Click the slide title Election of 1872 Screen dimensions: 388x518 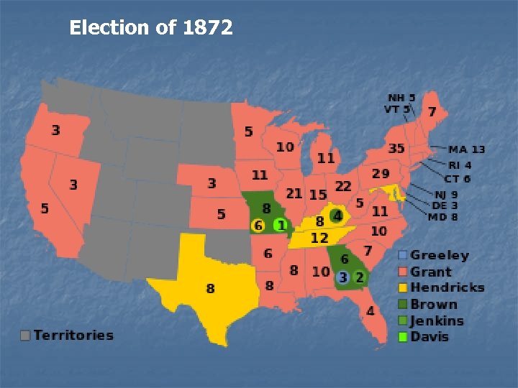[151, 28]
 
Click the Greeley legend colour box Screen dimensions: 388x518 [403, 255]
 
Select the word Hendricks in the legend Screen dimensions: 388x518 [447, 287]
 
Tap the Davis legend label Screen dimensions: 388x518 [430, 337]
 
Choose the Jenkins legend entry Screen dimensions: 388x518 [437, 320]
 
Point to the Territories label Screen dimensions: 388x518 [73, 335]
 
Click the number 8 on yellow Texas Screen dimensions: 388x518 [210, 288]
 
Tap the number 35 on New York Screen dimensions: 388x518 [396, 149]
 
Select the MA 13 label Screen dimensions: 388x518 [467, 149]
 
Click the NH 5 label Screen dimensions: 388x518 [401, 98]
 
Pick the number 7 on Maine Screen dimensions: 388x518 [432, 111]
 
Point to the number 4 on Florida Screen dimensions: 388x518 [370, 311]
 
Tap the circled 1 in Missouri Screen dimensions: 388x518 [281, 226]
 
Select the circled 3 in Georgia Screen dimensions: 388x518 [343, 277]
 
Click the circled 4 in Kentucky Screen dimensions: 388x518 [337, 216]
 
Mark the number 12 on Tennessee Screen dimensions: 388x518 [319, 238]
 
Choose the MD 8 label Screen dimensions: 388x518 [444, 217]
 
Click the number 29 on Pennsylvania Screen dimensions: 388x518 [381, 174]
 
